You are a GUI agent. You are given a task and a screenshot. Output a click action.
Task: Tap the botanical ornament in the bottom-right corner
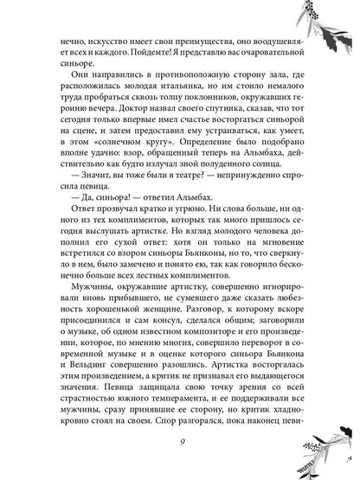pyautogui.click(x=333, y=450)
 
